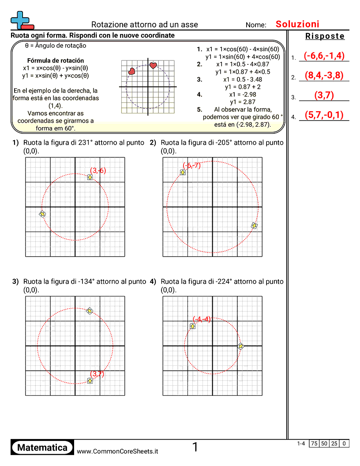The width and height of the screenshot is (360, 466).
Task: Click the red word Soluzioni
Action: point(297,24)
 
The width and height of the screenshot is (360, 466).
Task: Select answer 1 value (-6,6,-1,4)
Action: point(324,56)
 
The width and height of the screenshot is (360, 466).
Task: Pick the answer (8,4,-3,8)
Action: point(324,75)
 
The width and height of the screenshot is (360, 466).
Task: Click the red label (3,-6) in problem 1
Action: point(98,170)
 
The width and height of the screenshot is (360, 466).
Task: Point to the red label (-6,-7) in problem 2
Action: point(191,165)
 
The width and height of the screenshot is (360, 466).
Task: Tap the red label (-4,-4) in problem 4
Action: point(202,319)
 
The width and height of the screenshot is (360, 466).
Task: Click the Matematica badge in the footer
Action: point(42,448)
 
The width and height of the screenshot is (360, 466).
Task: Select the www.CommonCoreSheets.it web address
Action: point(117,451)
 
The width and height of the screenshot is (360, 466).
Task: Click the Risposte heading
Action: point(325,36)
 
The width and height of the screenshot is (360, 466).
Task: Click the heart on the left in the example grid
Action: point(131,71)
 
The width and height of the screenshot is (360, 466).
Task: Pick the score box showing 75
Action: point(314,443)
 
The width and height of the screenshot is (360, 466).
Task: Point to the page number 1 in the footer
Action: point(195,447)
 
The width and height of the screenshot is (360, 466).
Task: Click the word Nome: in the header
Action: point(256,25)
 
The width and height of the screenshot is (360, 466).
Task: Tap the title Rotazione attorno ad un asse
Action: point(145,25)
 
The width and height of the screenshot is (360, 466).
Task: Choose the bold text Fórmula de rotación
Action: point(56,60)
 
